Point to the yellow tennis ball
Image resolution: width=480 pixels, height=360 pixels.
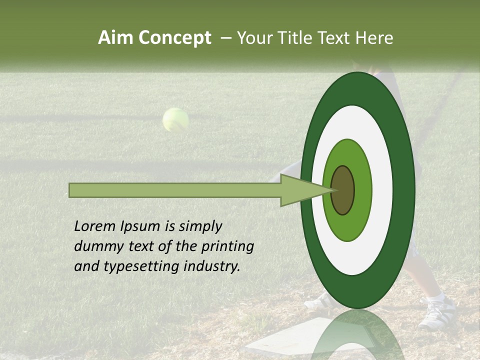pos(175,120)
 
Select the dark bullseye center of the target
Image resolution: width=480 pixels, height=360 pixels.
pos(343,190)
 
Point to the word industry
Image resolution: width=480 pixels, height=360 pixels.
pos(212,266)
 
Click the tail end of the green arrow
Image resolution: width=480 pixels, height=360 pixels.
pos(71,190)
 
